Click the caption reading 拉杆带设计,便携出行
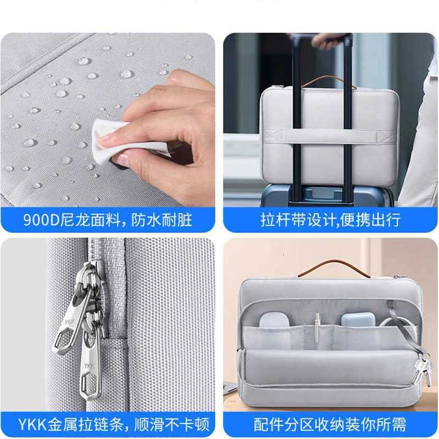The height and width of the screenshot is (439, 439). (330, 221)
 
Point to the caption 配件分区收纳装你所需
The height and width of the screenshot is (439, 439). (330, 424)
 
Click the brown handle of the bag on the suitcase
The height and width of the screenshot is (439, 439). (329, 81)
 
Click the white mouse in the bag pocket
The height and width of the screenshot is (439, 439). (272, 320)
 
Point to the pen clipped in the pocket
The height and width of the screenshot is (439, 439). (317, 324)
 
